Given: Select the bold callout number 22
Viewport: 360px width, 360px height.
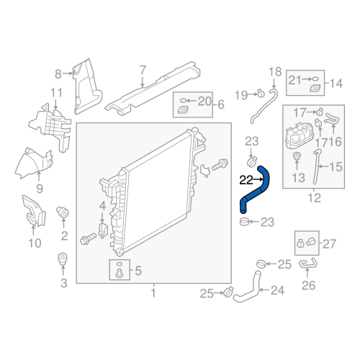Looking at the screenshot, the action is pyautogui.click(x=246, y=180).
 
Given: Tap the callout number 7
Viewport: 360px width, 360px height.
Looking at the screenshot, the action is pyautogui.click(x=143, y=71).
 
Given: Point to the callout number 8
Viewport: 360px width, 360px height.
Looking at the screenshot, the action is pyautogui.click(x=58, y=74).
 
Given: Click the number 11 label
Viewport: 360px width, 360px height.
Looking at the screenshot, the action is pyautogui.click(x=56, y=93).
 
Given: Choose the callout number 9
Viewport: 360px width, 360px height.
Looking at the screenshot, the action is pyautogui.click(x=40, y=189).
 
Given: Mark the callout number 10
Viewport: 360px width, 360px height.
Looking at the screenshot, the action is pyautogui.click(x=35, y=243).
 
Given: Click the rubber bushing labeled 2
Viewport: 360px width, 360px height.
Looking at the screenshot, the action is pyautogui.click(x=63, y=212).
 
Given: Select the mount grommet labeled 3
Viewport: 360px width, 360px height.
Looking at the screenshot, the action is pyautogui.click(x=63, y=259).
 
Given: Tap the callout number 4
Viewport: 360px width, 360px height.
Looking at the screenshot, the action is pyautogui.click(x=102, y=206).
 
